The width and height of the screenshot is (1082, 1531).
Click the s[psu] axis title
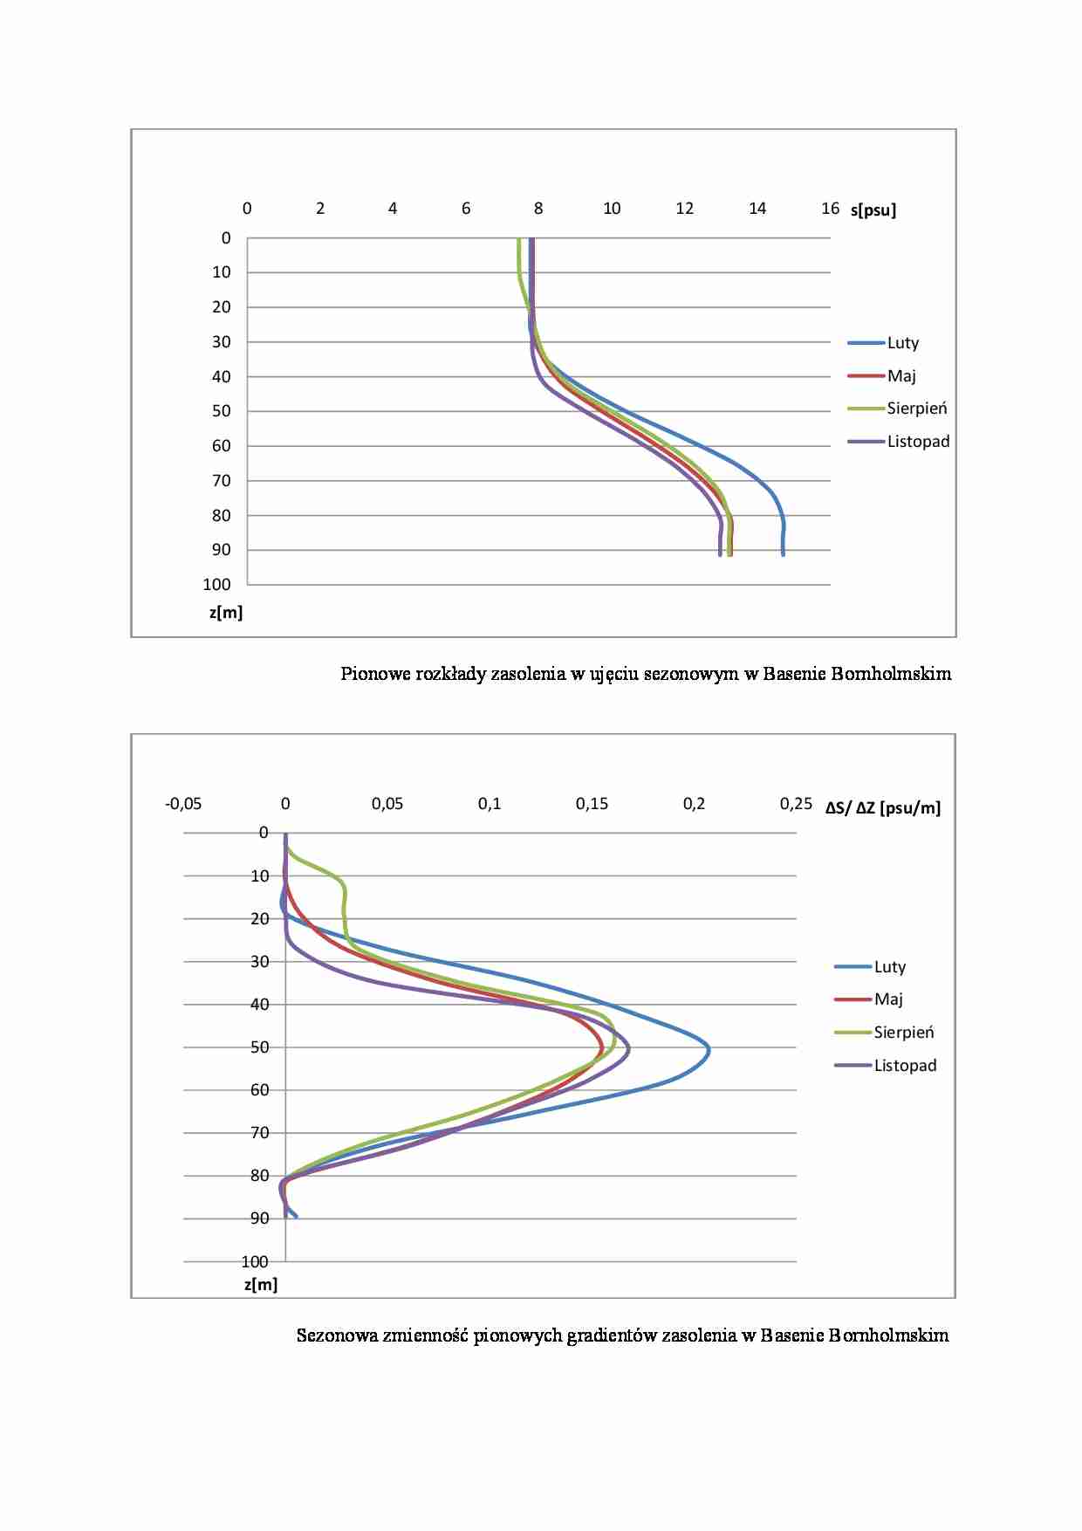tap(873, 209)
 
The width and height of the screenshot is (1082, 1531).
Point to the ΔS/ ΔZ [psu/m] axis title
tap(883, 807)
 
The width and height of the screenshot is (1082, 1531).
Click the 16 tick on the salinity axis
tap(830, 209)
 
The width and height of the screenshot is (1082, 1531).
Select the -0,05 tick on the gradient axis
tap(183, 804)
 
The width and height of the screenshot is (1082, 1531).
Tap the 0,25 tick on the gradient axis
tap(796, 804)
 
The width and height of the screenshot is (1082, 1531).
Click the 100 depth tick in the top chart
tap(217, 585)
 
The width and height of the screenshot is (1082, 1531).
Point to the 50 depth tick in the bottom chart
tap(260, 1047)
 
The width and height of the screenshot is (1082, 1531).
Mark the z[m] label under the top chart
tap(226, 613)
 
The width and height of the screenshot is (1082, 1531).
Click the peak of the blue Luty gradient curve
tap(709, 1050)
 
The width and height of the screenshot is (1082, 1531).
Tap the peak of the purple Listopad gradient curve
tap(628, 1049)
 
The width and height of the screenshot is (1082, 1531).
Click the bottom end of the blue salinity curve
tap(783, 554)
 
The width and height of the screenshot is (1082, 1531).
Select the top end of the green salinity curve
tap(518, 239)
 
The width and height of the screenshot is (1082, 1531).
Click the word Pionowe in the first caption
tap(369, 674)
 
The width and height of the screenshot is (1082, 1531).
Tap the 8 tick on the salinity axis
tap(538, 209)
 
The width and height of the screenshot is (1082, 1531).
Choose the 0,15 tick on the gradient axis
tap(592, 804)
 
